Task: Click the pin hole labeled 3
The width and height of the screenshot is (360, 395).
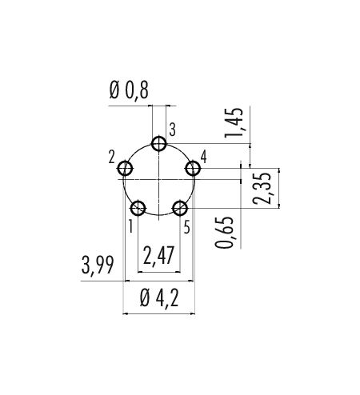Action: [x=159, y=144]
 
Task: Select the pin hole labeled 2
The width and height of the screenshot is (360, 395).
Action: [x=125, y=169]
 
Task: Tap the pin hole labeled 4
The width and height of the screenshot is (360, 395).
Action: [x=193, y=169]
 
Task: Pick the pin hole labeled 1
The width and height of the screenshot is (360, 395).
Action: [x=138, y=208]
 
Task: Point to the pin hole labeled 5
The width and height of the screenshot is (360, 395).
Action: [x=180, y=208]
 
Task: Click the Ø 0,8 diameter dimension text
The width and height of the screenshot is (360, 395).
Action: [x=129, y=90]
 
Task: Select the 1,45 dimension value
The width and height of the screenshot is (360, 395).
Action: [x=234, y=122]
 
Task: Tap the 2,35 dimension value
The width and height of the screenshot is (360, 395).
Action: [x=262, y=189]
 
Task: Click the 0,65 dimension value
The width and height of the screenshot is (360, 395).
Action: [x=224, y=233]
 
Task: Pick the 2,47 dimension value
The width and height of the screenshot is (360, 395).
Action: [x=158, y=255]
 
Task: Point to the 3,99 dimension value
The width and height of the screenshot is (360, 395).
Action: [x=98, y=265]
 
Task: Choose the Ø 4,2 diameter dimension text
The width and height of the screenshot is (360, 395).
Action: [x=159, y=298]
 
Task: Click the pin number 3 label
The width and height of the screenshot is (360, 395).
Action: [x=173, y=130]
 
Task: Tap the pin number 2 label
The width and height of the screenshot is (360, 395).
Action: [x=112, y=157]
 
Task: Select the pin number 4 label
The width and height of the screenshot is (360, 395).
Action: [x=203, y=157]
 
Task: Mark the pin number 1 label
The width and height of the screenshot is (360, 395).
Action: [x=130, y=227]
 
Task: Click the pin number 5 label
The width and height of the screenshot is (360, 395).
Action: [x=187, y=227]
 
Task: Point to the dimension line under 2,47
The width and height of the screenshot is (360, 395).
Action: [x=159, y=272]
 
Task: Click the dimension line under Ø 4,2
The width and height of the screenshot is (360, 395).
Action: [x=159, y=313]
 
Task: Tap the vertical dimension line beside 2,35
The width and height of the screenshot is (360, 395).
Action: [x=279, y=188]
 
